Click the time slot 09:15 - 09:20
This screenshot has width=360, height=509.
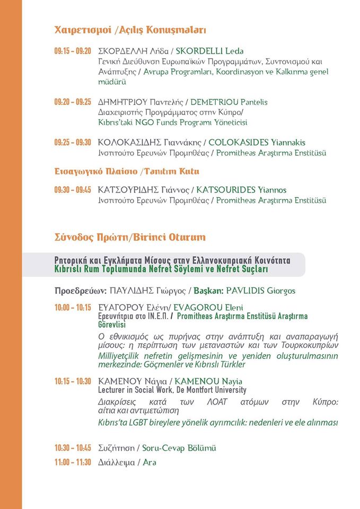pos(73,51)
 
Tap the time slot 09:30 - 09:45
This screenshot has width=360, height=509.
pos(73,189)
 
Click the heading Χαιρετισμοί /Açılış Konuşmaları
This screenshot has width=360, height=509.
pos(130,30)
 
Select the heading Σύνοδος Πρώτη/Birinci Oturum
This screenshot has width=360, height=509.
pos(130,237)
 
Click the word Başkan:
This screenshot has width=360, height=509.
pos(209,291)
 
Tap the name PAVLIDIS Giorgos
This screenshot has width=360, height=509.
pos(260,291)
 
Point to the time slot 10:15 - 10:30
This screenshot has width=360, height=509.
pos(73,381)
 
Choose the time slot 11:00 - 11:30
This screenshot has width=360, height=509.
pos(73,462)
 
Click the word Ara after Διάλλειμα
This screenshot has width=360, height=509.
pos(150,462)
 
